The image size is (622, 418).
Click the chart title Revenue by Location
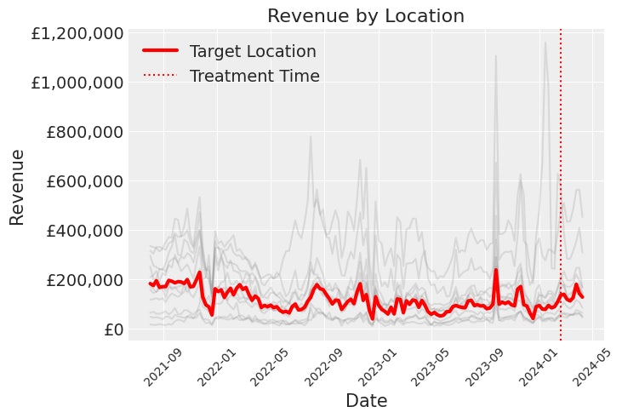(366, 16)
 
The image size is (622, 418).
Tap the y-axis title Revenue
(18, 187)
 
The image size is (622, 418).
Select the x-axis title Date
(366, 400)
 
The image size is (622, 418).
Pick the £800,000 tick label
(84, 132)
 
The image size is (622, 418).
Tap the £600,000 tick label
(84, 181)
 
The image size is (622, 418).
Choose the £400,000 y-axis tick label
(84, 231)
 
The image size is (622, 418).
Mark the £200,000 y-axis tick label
(84, 280)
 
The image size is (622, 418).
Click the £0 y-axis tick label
(112, 329)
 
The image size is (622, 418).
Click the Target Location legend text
(253, 51)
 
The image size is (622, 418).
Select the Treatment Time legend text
(254, 76)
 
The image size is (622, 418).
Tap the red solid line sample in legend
(160, 51)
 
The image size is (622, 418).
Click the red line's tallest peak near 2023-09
(496, 271)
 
